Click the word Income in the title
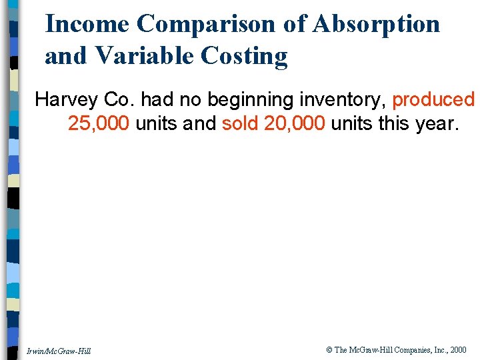tap(87, 24)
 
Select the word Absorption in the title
tap(377, 24)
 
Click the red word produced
tap(433, 100)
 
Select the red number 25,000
tap(99, 124)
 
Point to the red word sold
tap(240, 124)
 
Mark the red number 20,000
tap(295, 124)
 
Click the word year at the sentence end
tap(435, 124)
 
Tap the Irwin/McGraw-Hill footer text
tap(59, 351)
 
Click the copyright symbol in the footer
tap(329, 350)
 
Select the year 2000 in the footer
tap(458, 350)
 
